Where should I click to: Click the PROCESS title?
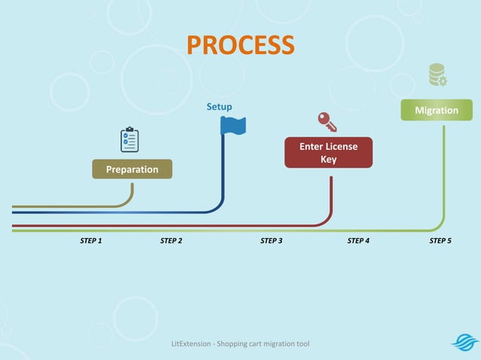point(240,45)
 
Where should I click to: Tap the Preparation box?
point(132,169)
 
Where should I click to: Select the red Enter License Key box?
point(328,152)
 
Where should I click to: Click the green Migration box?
point(437,110)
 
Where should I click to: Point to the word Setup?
point(219,107)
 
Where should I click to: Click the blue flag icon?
point(233,125)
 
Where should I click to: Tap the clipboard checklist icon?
point(130,140)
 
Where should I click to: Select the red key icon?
point(326,121)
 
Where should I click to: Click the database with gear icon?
point(437,75)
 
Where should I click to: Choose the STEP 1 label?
point(90,241)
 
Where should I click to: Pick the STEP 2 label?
point(171,241)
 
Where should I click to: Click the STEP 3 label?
point(271,241)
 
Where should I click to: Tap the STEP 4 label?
point(358,241)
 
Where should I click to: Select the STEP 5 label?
point(440,241)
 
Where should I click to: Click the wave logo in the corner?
point(464,343)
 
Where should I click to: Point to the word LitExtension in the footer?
point(192,344)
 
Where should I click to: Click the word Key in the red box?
point(329,159)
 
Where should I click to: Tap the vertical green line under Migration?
point(443,173)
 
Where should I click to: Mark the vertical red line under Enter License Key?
point(332,196)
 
